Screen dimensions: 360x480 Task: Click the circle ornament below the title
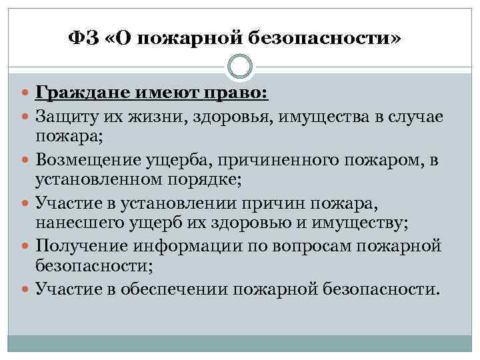[240, 67]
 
